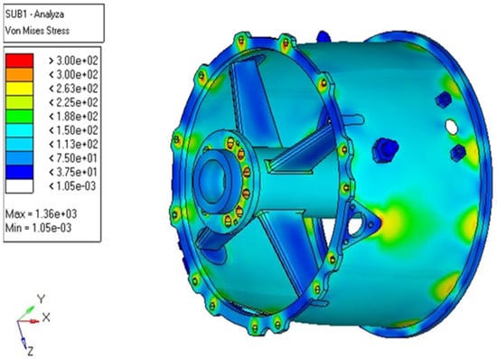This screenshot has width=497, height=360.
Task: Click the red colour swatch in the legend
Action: coord(19,61)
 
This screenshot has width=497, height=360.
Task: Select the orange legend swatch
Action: coord(19,74)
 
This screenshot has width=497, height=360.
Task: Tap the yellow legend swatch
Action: coord(19,89)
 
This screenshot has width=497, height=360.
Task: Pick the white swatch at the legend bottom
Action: coord(19,186)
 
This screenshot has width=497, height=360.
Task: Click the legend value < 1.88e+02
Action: coord(73,117)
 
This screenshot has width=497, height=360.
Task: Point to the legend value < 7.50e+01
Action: coord(73,158)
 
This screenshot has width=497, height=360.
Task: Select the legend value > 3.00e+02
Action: coord(73,61)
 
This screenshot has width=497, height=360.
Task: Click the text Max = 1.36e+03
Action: coord(41,214)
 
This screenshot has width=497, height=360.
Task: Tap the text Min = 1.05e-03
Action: coord(38,228)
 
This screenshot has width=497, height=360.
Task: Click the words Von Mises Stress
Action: coord(37,31)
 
